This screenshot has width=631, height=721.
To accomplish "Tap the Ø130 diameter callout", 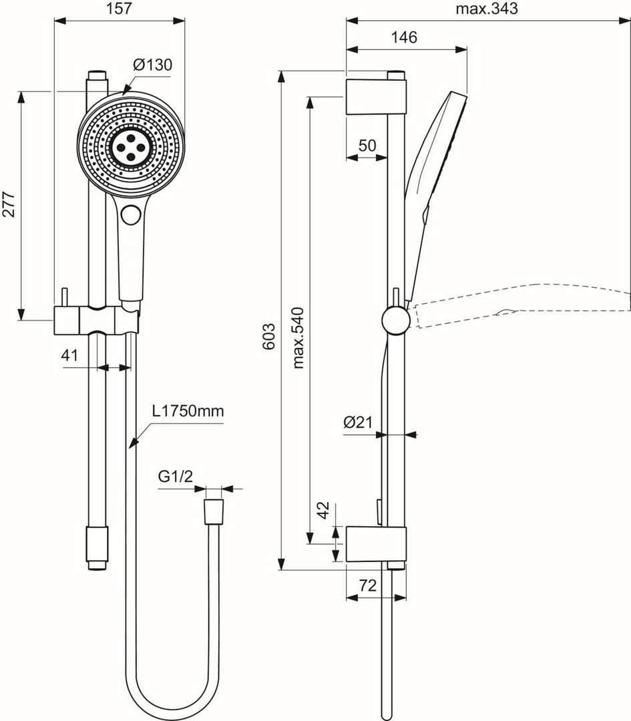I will (x=152, y=65).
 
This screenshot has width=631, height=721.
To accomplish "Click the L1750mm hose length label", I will (x=188, y=411).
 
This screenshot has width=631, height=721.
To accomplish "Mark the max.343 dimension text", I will (x=487, y=9).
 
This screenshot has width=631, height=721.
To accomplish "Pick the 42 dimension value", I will (x=323, y=511).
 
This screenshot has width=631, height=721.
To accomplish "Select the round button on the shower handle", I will (x=130, y=215).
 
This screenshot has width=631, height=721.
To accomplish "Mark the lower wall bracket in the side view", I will (x=375, y=543).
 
